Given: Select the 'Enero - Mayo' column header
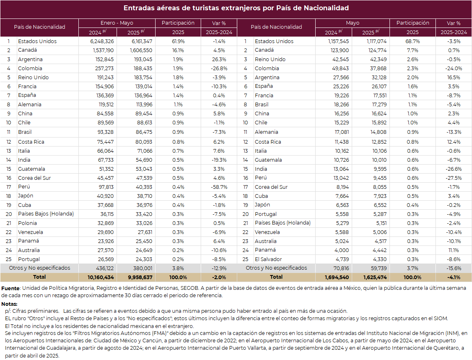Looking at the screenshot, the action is [117, 23].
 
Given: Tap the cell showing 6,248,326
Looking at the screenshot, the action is [102, 41].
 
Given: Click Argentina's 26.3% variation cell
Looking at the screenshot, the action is [219, 59].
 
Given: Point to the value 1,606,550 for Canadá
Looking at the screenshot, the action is [141, 50].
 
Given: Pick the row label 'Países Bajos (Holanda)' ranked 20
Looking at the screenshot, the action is [46, 214].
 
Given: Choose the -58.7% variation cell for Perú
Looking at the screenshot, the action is [219, 187].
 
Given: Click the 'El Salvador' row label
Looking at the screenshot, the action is [268, 259].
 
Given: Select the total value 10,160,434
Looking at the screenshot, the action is [101, 277].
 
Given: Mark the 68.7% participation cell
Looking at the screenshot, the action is [412, 41].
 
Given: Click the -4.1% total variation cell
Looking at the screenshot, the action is [454, 277].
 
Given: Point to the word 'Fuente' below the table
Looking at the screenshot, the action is [10, 288].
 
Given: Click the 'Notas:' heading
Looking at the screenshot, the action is [9, 304].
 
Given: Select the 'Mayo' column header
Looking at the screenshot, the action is [353, 23].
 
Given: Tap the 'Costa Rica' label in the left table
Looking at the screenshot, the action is [31, 142].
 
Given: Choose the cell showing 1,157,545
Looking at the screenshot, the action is [338, 41].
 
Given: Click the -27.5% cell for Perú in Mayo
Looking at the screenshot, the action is [454, 178].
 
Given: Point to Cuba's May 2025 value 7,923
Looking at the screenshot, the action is [380, 196].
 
